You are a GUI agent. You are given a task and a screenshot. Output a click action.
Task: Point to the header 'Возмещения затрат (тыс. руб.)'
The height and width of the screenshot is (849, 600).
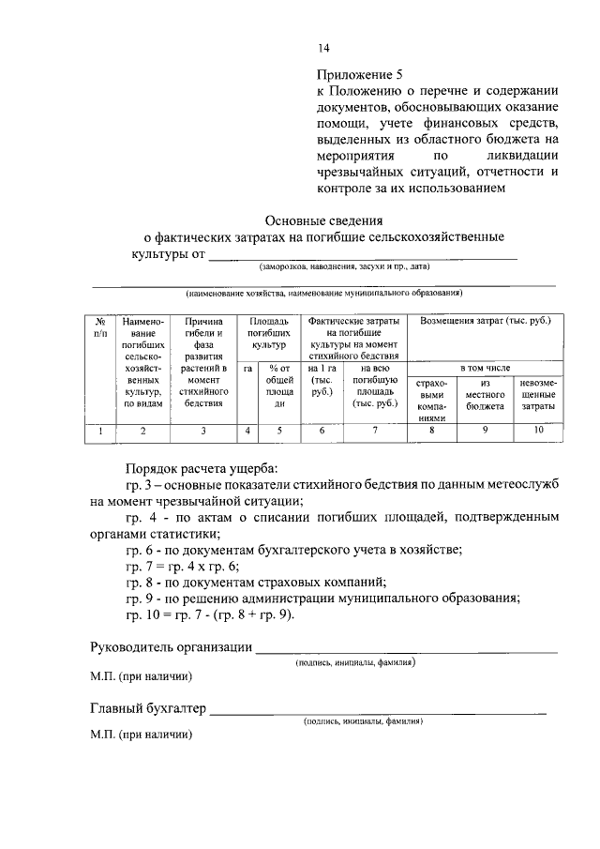pyautogui.click(x=485, y=322)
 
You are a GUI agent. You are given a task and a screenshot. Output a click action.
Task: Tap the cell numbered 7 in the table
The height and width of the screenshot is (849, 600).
pyautogui.click(x=373, y=431)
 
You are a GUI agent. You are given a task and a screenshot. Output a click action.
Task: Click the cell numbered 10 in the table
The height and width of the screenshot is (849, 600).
pyautogui.click(x=539, y=431)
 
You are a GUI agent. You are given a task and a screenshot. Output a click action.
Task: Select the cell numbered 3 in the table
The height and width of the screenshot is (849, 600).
pyautogui.click(x=203, y=431)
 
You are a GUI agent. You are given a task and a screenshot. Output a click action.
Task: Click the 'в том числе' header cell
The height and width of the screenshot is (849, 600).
pyautogui.click(x=485, y=369)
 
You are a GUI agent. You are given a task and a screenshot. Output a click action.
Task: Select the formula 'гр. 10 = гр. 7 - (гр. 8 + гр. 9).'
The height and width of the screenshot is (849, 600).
pyautogui.click(x=210, y=614)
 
